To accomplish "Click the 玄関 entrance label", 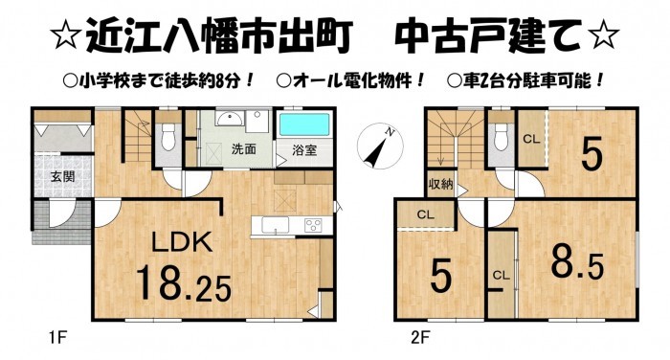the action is click(x=63, y=176).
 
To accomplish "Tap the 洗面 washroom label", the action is click(x=243, y=149).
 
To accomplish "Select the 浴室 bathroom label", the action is click(x=304, y=150).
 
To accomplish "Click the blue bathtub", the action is click(x=305, y=124).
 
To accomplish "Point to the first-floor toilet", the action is click(x=168, y=136).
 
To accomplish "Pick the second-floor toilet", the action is click(x=501, y=136).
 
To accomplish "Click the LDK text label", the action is click(x=182, y=241).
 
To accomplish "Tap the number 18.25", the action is click(x=184, y=282).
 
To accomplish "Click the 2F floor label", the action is click(x=420, y=338).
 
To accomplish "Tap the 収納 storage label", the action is click(x=440, y=185).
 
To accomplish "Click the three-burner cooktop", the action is click(x=313, y=225).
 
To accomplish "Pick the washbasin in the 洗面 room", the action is click(x=230, y=119).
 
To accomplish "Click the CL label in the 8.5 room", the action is click(x=502, y=275).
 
